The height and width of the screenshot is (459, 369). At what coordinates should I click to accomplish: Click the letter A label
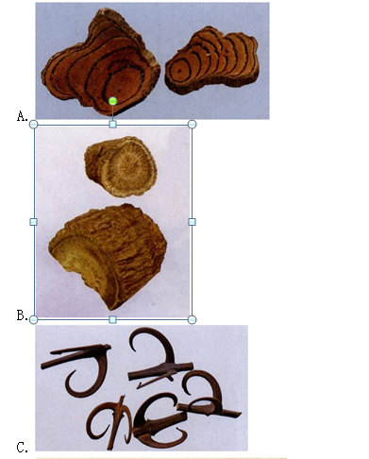coord(22,116)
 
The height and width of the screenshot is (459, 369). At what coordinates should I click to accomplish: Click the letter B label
coord(22,315)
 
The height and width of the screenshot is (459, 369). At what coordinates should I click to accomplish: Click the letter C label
coord(22,447)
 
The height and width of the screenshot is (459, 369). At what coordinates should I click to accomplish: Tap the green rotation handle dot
coord(113,101)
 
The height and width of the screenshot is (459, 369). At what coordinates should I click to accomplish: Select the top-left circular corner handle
coord(33,125)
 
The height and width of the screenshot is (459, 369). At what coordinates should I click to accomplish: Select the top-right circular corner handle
coord(193,125)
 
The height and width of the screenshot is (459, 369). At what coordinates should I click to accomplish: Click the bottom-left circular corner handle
coord(33,320)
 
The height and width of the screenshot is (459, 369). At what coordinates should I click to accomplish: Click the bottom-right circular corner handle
coord(193,320)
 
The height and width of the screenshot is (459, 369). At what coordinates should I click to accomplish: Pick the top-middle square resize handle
coord(113,125)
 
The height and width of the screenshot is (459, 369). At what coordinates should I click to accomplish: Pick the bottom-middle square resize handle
coord(113,320)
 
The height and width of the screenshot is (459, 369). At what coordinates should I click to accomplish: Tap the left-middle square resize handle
coord(33,222)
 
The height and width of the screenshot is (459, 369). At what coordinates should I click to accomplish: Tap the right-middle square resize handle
coord(193,222)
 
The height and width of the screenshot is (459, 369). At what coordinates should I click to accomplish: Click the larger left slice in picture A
coord(101,63)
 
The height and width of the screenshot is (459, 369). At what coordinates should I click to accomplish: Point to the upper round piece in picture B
coord(121,166)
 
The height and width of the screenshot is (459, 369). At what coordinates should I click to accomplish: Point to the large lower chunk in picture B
coord(107,255)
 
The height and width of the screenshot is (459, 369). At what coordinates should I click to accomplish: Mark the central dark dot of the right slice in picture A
coord(179,71)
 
